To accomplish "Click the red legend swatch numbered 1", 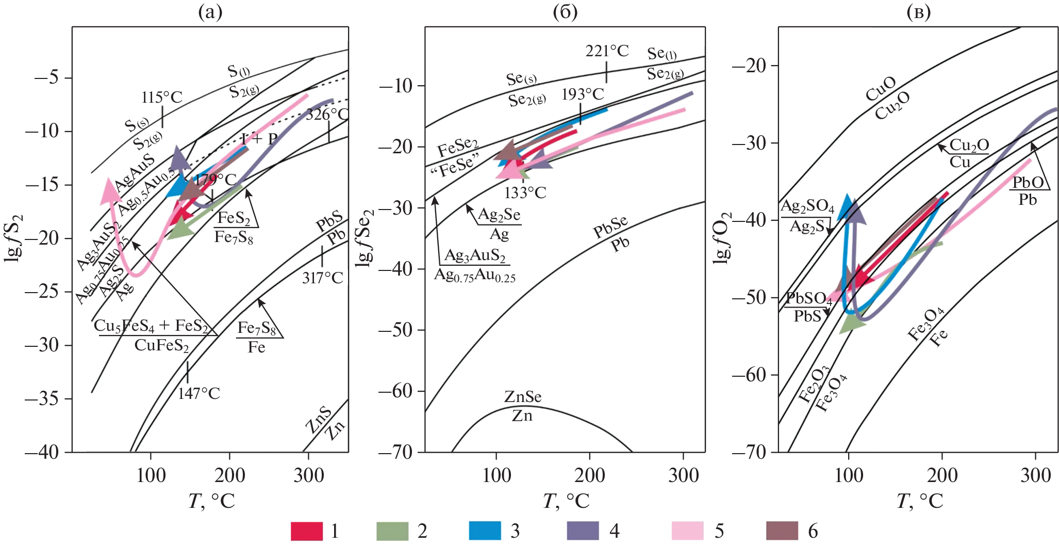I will click(306, 531).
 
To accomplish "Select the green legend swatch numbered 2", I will click(392, 531).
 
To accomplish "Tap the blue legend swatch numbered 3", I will click(485, 531).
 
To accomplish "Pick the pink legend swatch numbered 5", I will click(687, 531).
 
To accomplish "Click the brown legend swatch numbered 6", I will click(782, 531).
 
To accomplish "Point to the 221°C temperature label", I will click(607, 51).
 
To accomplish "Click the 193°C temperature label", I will click(583, 94).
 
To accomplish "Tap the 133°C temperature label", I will click(525, 193).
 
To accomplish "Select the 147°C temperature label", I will click(198, 393).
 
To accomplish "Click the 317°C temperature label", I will click(322, 278).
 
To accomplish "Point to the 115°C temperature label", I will click(162, 97).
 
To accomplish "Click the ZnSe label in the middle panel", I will click(523, 397).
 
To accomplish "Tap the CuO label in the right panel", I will click(880, 89).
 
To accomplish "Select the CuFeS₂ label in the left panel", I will click(161, 345).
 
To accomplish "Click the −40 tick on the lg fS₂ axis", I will click(41, 452).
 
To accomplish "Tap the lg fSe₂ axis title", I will click(365, 237).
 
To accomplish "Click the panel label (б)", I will click(565, 12).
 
